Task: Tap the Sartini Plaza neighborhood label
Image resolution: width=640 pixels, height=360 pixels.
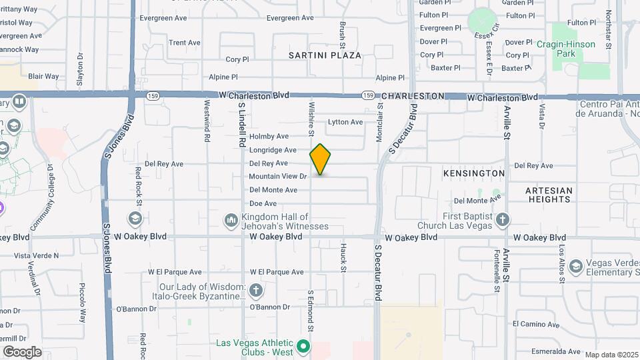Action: pos(325,55)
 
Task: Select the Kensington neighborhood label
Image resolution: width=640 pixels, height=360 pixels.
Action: pos(473,173)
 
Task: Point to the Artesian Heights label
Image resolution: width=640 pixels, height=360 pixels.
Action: pos(549,195)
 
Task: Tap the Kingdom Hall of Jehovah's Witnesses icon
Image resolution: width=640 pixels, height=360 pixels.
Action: pos(231,219)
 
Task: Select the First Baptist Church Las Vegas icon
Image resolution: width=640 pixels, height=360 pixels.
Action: pos(502,219)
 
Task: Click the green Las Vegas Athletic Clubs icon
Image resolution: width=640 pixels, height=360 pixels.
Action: pos(303,346)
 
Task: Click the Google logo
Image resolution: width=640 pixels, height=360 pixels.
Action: pos(22,351)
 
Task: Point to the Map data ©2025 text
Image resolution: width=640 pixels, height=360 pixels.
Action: pos(611,355)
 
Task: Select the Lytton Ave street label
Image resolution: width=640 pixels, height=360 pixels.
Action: pos(345,122)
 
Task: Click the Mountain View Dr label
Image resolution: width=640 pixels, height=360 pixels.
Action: pos(277,177)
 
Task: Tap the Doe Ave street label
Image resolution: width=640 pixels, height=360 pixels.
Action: pos(263,203)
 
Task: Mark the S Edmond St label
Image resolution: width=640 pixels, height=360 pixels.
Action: pos(310,309)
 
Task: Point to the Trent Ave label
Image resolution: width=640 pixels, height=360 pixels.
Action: pos(185,43)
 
